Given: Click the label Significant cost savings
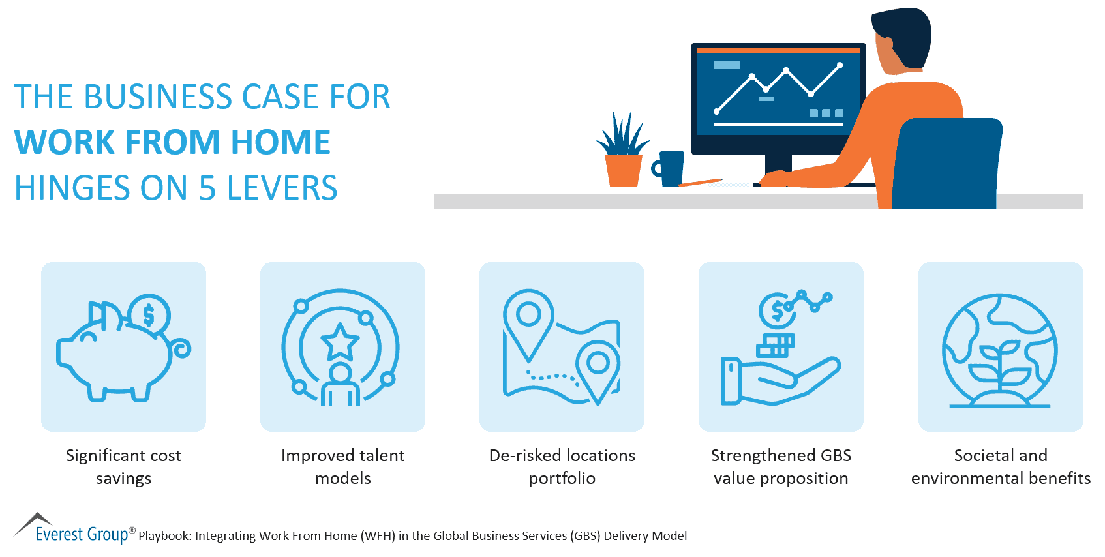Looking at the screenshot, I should click(x=123, y=466).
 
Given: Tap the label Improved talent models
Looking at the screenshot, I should click(x=342, y=466).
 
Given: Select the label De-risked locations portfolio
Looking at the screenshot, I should click(x=562, y=466).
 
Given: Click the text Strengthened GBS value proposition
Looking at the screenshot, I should click(x=781, y=466).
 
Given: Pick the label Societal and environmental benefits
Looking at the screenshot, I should click(x=1001, y=466).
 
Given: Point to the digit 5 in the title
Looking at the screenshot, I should click(x=207, y=188).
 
